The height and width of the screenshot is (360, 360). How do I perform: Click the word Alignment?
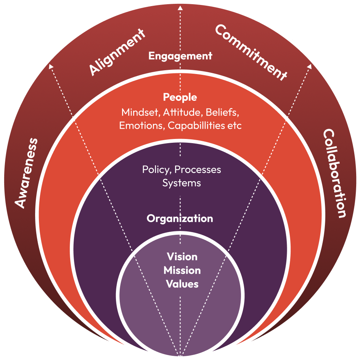(117, 52)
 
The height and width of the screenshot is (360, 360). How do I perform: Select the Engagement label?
(180, 56)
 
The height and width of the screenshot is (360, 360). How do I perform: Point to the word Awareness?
(27, 173)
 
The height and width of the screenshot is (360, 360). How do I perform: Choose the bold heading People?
(180, 97)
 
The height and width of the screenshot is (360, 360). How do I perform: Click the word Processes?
(198, 169)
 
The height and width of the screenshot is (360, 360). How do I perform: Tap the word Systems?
(182, 182)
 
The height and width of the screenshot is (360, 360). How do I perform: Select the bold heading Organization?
(180, 218)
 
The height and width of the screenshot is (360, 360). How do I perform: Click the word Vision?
(182, 257)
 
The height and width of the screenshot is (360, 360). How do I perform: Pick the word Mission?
(182, 270)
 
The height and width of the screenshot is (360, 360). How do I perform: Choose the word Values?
(182, 284)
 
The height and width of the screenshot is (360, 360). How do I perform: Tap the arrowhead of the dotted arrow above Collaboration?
(309, 66)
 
